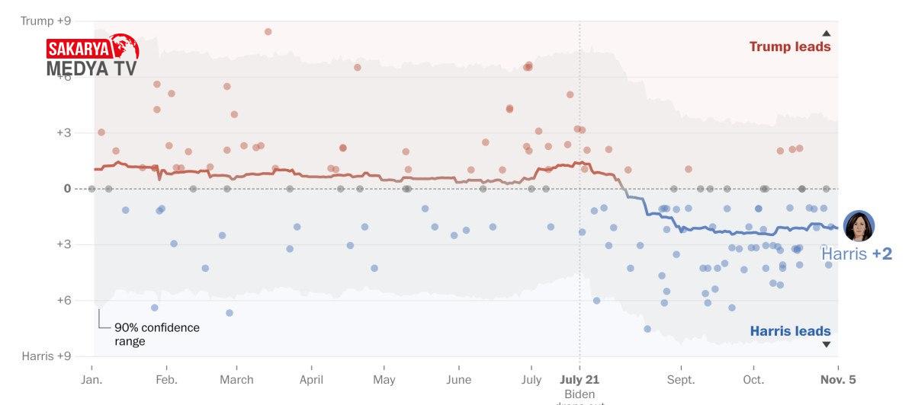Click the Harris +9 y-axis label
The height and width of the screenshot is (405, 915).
(x=47, y=356)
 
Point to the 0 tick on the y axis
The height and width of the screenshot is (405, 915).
(x=67, y=188)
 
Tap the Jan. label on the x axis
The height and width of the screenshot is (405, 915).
(x=91, y=379)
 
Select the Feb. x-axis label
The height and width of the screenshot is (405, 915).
(x=166, y=379)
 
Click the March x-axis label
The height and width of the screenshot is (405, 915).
(x=236, y=379)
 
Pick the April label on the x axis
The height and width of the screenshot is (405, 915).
(x=310, y=379)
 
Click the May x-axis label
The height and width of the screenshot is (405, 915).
(x=384, y=379)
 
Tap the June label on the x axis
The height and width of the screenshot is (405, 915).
(x=459, y=379)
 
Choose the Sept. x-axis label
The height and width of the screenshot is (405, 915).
(x=681, y=379)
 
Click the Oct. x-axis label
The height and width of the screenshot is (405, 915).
(x=753, y=379)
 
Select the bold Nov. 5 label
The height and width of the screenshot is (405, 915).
(x=838, y=379)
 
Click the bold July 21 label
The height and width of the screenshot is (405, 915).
(x=579, y=379)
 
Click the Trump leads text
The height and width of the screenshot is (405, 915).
(x=790, y=46)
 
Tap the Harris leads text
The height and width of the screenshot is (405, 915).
(x=791, y=331)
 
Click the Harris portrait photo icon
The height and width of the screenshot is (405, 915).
(x=859, y=226)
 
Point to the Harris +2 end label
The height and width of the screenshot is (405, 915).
(x=856, y=254)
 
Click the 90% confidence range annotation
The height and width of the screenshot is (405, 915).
(x=156, y=334)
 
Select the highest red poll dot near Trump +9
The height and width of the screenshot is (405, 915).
(x=268, y=32)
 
